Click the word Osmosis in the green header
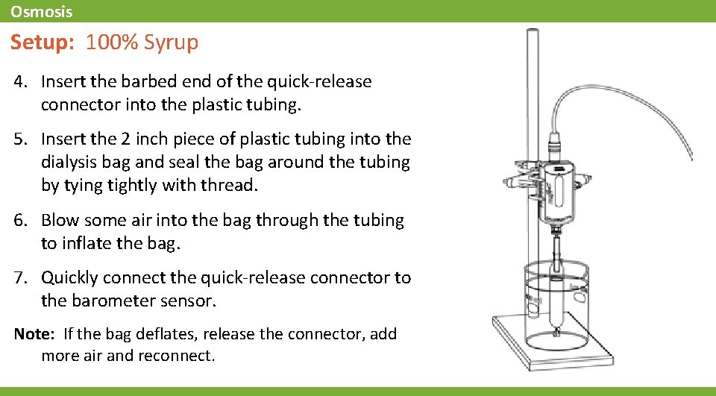point(41,12)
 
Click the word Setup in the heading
point(40,42)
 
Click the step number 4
point(19,81)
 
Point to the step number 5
point(19,139)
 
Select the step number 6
point(19,220)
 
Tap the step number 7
point(19,278)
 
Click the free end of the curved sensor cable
point(691,157)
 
